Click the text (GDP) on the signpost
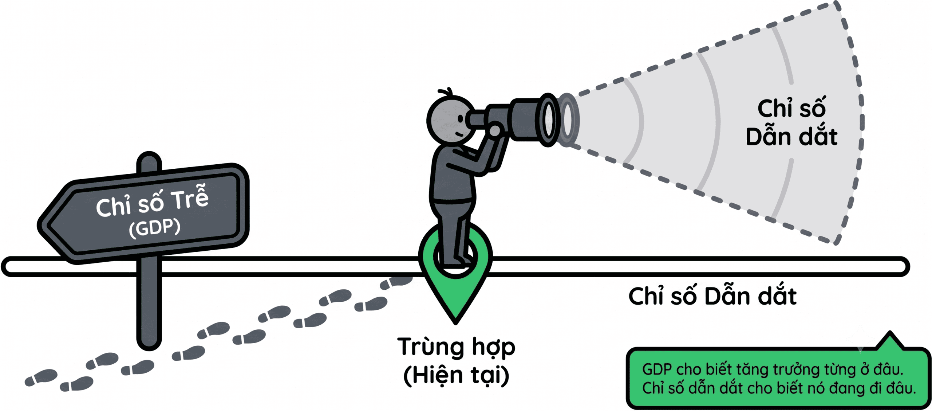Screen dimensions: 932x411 click(x=155, y=228)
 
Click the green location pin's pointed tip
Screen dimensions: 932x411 click(x=455, y=322)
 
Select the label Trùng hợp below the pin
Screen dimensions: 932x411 click(x=456, y=347)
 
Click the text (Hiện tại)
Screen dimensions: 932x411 click(x=456, y=375)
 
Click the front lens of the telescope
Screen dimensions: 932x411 click(x=548, y=120)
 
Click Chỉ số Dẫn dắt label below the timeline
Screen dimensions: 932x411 click(x=712, y=296)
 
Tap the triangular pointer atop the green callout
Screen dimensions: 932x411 click(x=890, y=341)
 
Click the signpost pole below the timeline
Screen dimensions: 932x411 click(x=149, y=302)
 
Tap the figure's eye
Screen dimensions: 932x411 click(x=461, y=118)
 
